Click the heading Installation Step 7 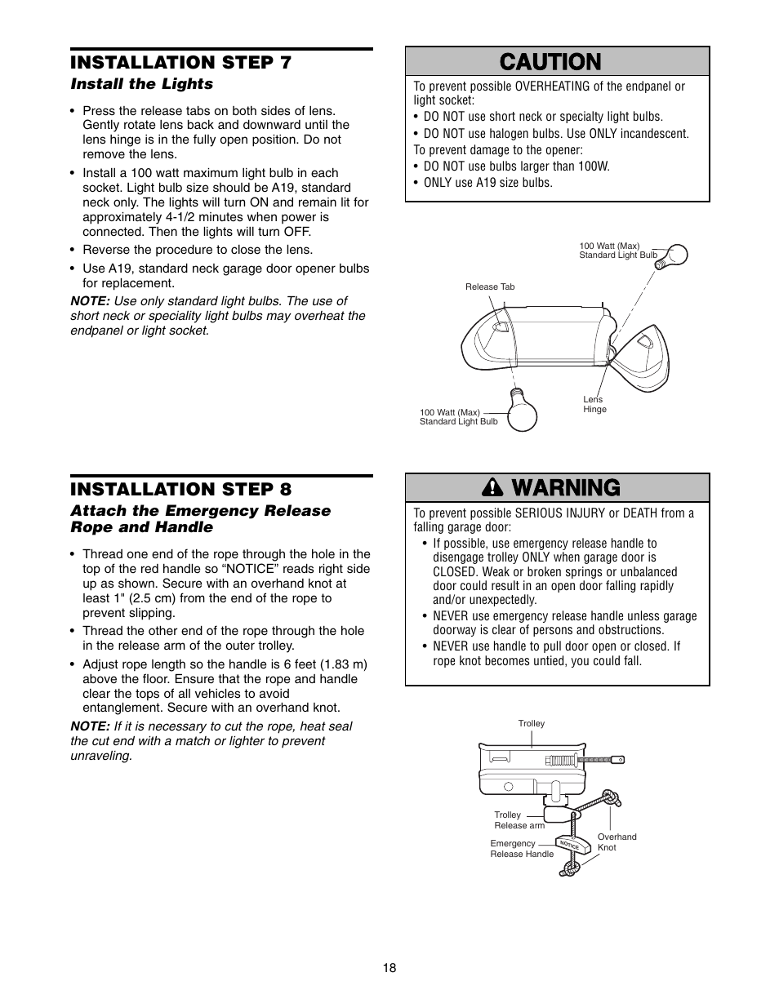(180, 63)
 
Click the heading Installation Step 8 (180, 489)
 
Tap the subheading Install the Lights (141, 84)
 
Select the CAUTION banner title (557, 61)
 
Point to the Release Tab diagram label (490, 286)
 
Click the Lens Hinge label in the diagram (594, 404)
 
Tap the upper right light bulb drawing (675, 255)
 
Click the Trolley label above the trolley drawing (531, 723)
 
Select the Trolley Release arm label (519, 820)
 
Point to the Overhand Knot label (617, 842)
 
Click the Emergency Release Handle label (521, 849)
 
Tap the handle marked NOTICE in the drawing (572, 846)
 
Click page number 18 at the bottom (389, 968)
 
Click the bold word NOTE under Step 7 (90, 301)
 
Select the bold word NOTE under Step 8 (90, 726)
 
